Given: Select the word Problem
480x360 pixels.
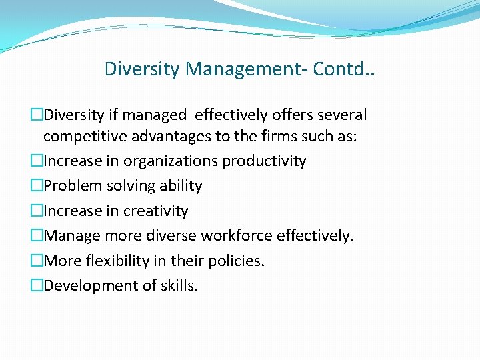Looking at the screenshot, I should [71, 185].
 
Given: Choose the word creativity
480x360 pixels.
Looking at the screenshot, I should [155, 211].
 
